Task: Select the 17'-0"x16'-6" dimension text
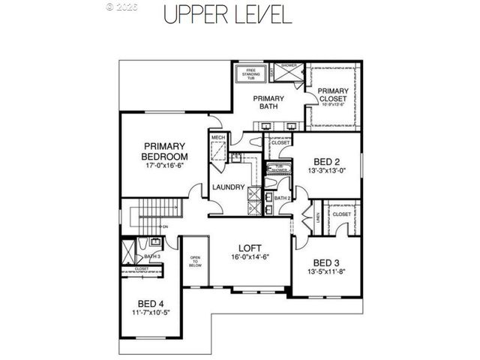coord(164,166)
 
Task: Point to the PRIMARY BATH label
coord(268,103)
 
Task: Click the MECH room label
coord(217,138)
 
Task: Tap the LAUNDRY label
coord(228,187)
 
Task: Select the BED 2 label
coord(326,161)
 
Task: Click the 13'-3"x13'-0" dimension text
coord(326,171)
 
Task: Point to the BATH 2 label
coord(282,198)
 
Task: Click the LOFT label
coord(250,247)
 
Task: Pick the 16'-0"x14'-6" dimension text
coord(250,257)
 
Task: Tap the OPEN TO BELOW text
coord(195,260)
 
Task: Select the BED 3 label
coord(326,262)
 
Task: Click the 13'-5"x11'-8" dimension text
coord(326,272)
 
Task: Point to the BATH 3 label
coord(153,256)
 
